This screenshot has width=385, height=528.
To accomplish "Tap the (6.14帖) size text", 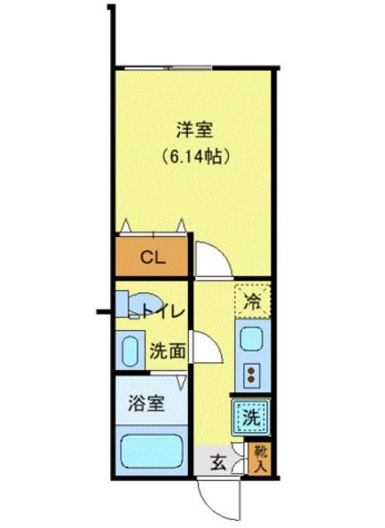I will click(196, 157).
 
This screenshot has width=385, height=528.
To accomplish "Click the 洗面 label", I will click(167, 350).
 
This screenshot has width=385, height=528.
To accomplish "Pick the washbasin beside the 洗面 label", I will click(130, 351).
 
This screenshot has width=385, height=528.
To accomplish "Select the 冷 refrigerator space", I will click(252, 301).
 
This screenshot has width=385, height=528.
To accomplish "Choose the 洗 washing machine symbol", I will click(250, 414).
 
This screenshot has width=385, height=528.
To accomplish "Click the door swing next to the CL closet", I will click(211, 259).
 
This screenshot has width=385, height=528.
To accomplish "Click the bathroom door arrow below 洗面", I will click(182, 380).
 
